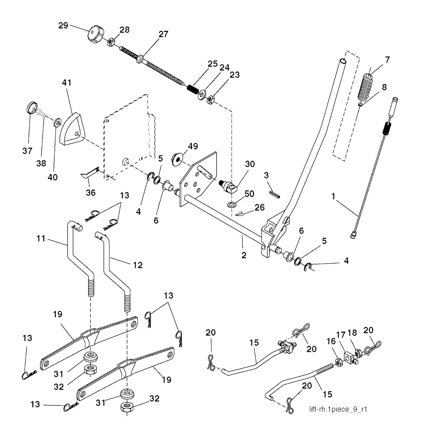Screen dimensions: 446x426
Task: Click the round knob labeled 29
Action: coord(95,34)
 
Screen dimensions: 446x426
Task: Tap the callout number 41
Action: coord(67,83)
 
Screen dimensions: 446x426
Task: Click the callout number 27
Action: coord(163,35)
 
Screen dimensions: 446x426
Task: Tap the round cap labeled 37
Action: coord(31,108)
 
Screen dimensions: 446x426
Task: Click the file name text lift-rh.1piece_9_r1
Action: coord(338,409)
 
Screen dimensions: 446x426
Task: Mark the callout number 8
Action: coord(384,87)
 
